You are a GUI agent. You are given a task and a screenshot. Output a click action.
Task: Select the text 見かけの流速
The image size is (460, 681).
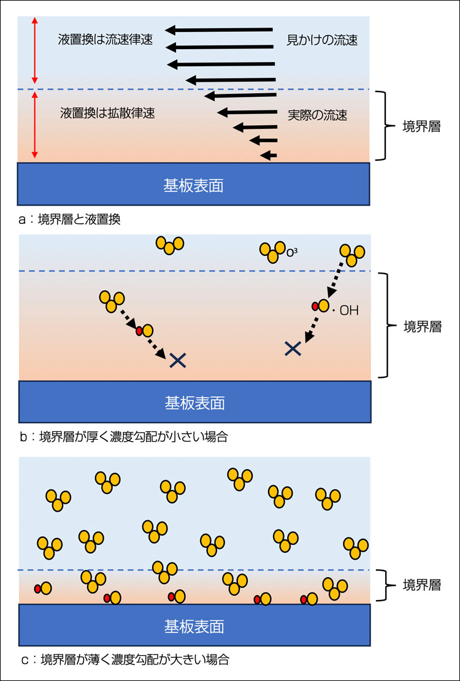322,41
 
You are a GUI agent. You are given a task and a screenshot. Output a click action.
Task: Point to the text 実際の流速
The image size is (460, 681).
317,115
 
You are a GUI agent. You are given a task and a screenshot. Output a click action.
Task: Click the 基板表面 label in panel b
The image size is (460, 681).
194,402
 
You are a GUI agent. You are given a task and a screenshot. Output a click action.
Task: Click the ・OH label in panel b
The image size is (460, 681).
345,311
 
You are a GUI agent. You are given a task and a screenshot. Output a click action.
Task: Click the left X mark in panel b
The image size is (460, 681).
177,360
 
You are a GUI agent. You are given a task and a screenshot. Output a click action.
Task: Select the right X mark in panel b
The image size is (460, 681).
293,348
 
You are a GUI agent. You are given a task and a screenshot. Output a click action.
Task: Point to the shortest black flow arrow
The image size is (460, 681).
269,154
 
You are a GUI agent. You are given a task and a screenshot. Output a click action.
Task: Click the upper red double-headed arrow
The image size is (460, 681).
35,50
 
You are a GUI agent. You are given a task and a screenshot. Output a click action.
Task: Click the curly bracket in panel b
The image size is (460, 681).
385,325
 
